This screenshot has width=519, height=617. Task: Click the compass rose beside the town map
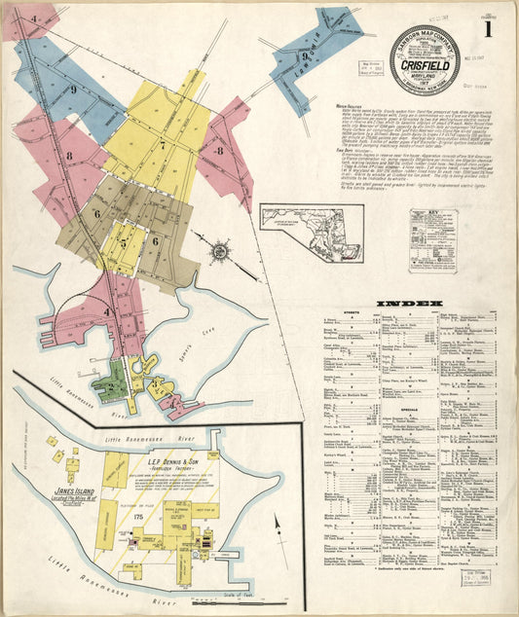pyautogui.click(x=221, y=251)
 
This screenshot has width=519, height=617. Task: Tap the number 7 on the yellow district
pyautogui.click(x=163, y=148)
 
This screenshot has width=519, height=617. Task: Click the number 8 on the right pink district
pyautogui.click(x=222, y=151)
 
